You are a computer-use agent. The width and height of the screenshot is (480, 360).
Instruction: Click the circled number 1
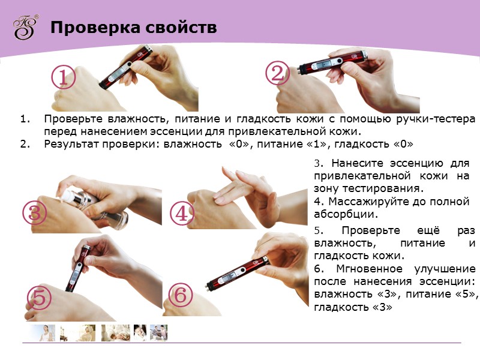tap(63, 77)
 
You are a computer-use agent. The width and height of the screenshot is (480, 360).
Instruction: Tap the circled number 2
tap(277, 73)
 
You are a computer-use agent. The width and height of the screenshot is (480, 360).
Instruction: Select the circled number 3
tap(35, 213)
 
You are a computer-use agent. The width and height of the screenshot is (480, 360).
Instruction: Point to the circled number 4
tap(182, 213)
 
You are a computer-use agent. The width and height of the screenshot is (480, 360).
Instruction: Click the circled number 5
tap(39, 298)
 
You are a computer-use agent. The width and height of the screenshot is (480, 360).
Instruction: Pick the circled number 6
tap(181, 295)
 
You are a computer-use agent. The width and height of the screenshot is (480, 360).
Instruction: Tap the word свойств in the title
tap(181, 27)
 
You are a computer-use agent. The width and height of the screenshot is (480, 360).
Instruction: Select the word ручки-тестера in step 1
tap(436, 119)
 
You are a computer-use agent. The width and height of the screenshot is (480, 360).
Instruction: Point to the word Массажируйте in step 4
tap(374, 202)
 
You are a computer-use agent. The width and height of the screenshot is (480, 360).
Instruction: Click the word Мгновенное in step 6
tap(369, 268)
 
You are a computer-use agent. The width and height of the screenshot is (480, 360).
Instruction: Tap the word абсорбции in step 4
tap(346, 214)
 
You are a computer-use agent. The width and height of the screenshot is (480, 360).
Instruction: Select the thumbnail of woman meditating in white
tap(43, 333)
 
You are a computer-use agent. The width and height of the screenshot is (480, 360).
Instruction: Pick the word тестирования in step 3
tap(383, 188)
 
